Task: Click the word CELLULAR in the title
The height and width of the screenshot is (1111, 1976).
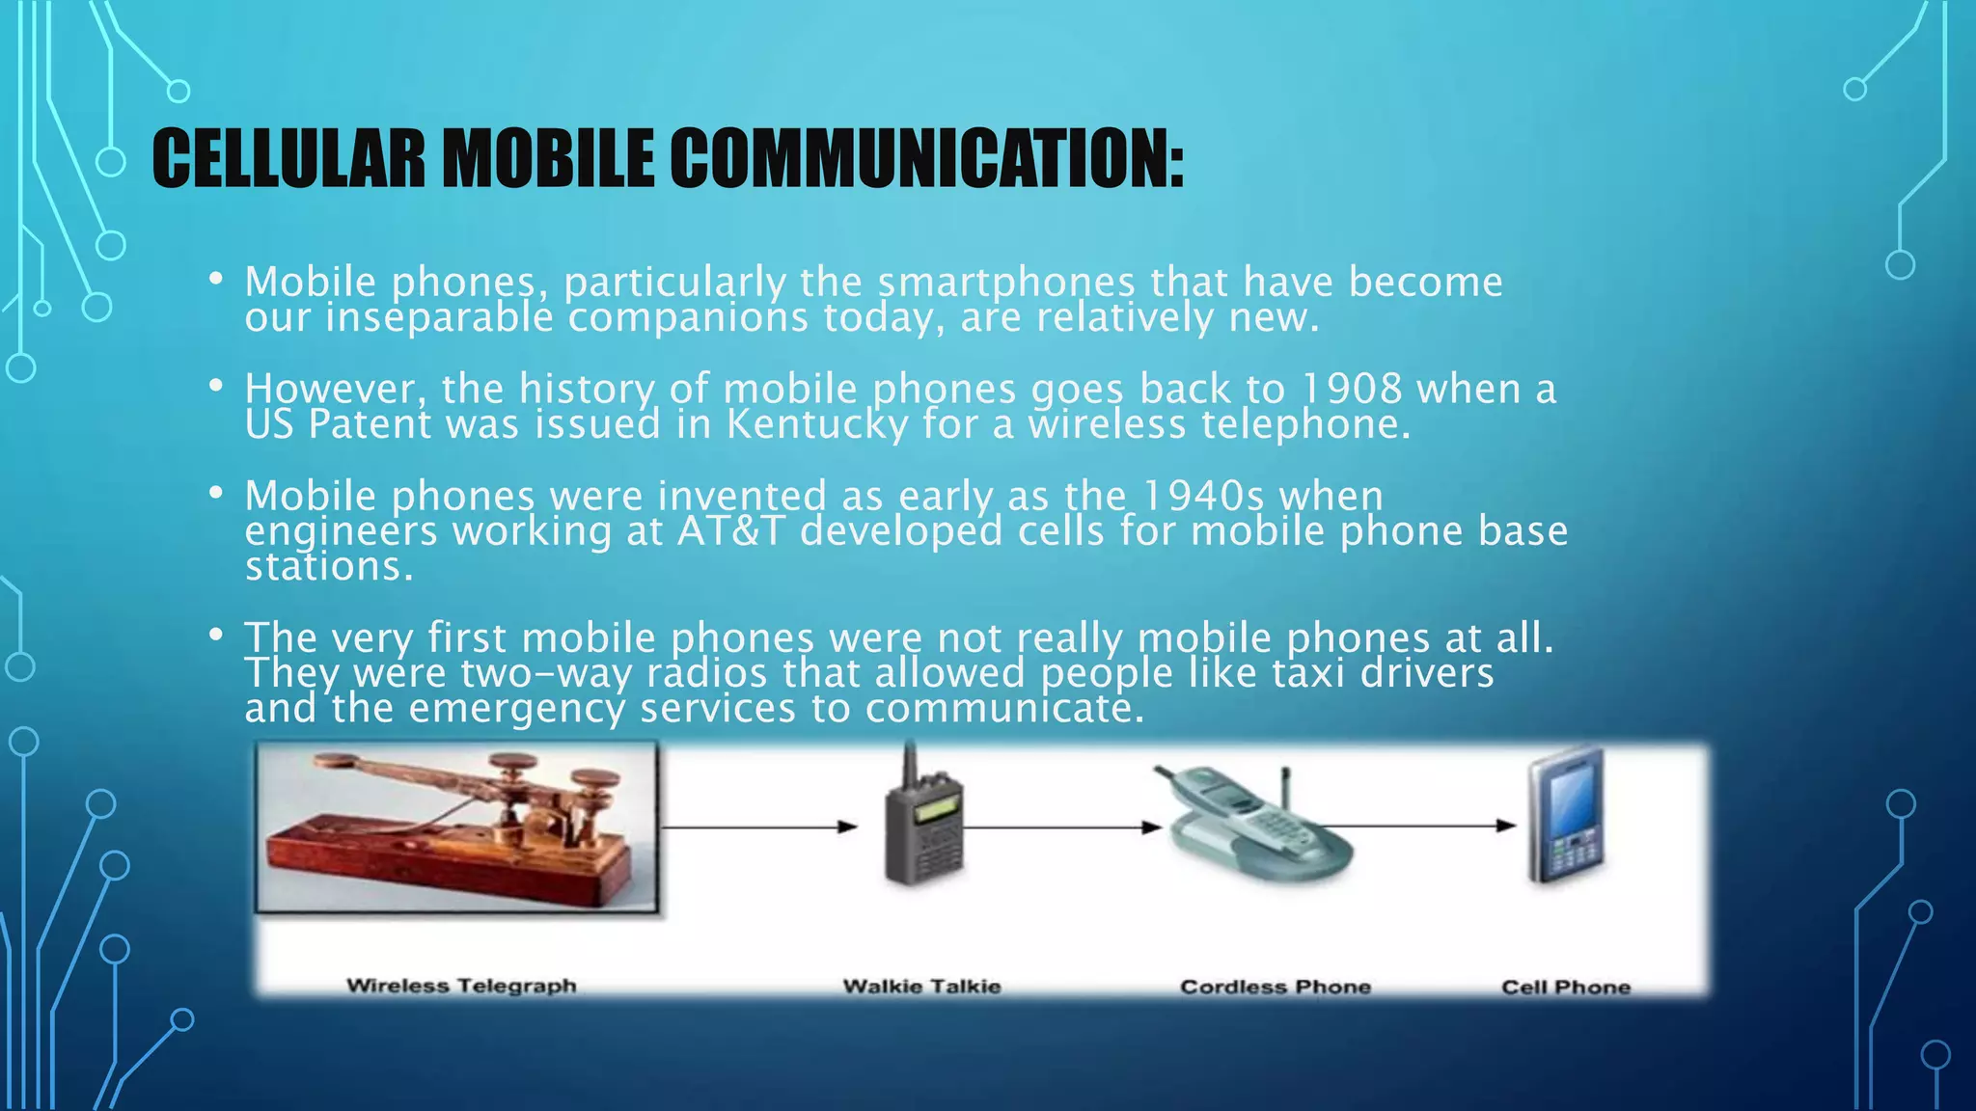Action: click(x=288, y=159)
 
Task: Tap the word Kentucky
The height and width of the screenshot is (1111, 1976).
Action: click(x=816, y=424)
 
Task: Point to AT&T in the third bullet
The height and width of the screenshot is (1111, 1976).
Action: click(x=729, y=531)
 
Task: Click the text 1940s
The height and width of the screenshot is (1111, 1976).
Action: click(x=1202, y=496)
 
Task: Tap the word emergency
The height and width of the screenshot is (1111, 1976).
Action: click(x=517, y=709)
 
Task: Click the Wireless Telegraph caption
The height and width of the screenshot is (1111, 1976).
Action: click(x=461, y=986)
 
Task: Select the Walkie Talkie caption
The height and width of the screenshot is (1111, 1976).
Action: click(x=921, y=987)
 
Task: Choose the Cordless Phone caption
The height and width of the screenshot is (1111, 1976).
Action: click(x=1275, y=987)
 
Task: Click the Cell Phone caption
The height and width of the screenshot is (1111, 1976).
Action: click(x=1565, y=987)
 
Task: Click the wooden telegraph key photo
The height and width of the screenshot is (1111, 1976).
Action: click(x=456, y=827)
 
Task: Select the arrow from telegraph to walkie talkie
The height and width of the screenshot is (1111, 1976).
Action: click(x=757, y=826)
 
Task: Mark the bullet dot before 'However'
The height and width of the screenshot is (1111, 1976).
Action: click(x=216, y=387)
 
